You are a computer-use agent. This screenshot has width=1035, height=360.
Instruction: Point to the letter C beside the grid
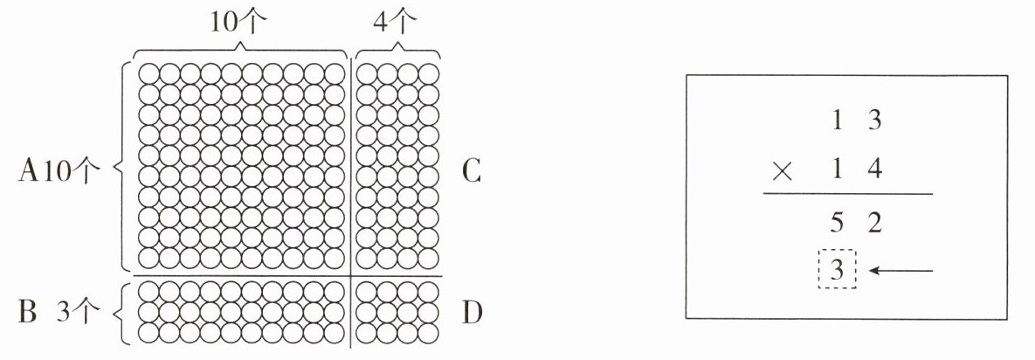[x=472, y=172]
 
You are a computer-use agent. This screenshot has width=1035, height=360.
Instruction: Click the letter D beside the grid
[x=473, y=312]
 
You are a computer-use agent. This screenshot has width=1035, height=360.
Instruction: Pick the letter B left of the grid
[x=27, y=312]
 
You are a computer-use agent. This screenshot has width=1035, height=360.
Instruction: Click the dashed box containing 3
[x=837, y=271]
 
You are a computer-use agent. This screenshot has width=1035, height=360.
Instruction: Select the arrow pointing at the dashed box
[x=902, y=271]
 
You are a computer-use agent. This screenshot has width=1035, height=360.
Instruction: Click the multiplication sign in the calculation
[x=783, y=171]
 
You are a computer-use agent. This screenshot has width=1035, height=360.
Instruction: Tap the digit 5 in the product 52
[x=837, y=224]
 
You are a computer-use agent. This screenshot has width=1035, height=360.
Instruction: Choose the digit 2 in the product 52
[x=871, y=224]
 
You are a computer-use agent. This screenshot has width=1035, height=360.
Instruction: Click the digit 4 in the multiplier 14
[x=871, y=170]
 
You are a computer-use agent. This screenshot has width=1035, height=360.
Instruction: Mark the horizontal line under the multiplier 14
[x=848, y=194]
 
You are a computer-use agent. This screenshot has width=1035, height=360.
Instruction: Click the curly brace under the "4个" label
[x=398, y=48]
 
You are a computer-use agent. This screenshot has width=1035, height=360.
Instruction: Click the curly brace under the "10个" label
[x=240, y=48]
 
